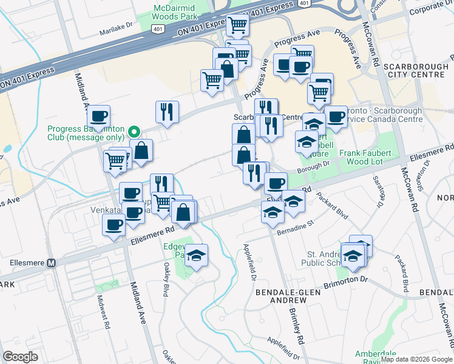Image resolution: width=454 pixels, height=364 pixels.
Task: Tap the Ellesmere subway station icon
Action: point(51,263)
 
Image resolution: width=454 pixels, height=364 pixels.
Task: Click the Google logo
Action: point(21,356)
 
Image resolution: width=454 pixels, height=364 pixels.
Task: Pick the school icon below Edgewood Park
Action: point(196,256)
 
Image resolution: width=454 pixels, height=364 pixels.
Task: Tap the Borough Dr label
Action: point(314,164)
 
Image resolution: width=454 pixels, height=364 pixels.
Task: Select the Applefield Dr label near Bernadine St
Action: point(250,261)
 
